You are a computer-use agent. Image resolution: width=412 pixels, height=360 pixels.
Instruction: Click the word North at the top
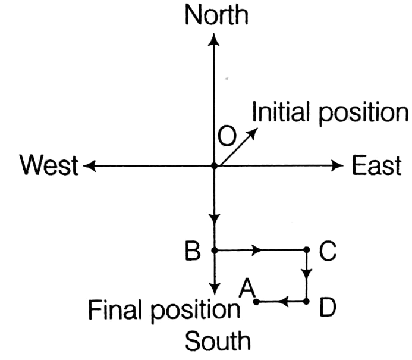215,15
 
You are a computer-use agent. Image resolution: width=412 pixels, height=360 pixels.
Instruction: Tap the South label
216,342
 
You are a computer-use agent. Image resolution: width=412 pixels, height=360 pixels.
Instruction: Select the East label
376,166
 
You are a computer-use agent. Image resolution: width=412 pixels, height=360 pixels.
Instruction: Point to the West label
49,166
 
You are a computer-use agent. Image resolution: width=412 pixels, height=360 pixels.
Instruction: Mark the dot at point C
307,250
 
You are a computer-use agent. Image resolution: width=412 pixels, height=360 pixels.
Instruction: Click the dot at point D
307,302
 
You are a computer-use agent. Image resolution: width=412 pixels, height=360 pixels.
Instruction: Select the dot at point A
256,302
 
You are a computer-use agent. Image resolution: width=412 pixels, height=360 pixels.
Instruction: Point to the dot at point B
215,250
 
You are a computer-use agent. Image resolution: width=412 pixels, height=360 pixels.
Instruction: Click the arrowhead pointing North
215,40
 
